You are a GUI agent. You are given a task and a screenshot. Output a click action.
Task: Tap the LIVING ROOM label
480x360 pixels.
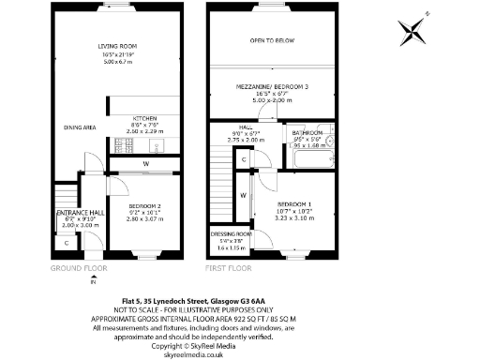(x=118, y=46)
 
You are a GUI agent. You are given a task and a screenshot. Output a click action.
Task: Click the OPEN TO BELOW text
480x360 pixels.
(x=273, y=41)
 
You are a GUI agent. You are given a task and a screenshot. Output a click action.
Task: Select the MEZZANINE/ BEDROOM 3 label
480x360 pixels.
(x=273, y=87)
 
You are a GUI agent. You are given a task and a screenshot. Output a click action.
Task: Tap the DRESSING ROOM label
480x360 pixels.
(x=230, y=233)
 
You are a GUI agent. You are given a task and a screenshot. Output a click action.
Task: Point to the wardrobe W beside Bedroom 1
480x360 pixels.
(x=243, y=195)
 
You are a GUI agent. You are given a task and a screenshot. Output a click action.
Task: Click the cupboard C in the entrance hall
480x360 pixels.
(x=67, y=244)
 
